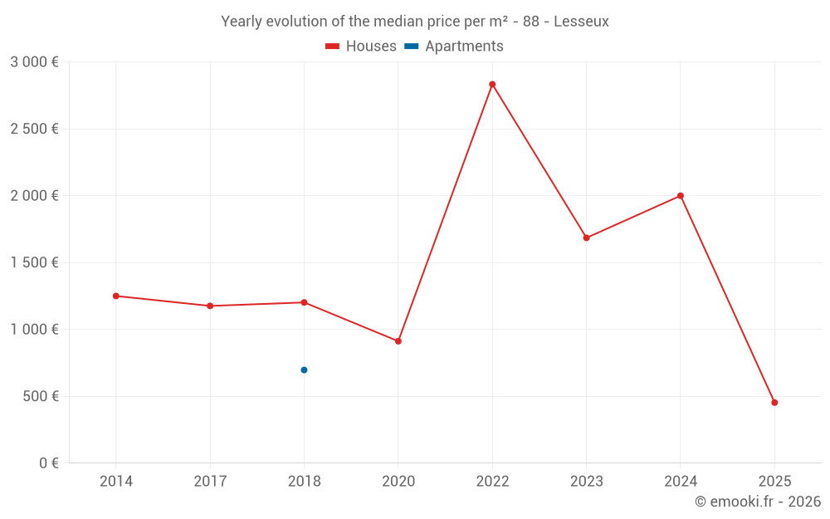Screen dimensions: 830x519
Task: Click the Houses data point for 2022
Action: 492,84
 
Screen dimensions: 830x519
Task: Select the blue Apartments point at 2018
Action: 304,370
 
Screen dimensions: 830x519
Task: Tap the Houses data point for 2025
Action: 774,403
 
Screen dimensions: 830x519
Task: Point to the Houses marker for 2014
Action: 116,296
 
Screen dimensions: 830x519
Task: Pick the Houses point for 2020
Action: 398,341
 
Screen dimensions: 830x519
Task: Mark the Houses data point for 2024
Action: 681,196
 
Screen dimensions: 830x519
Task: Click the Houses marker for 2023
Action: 587,237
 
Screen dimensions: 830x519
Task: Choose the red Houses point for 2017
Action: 210,306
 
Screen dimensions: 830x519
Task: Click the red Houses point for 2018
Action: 304,302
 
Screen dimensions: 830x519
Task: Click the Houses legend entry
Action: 361,46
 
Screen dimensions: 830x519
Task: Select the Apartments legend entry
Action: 454,46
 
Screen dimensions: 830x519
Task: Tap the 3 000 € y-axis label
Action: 34,62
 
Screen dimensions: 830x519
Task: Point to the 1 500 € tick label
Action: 34,262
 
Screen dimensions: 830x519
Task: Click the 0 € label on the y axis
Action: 49,463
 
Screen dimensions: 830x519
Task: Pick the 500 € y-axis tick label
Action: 41,396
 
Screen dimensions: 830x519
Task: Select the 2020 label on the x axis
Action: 398,481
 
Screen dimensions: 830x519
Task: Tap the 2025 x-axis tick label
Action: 774,481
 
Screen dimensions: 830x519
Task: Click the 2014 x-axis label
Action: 116,481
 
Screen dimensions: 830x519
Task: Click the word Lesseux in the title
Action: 581,22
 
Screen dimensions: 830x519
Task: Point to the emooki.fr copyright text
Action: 758,501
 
